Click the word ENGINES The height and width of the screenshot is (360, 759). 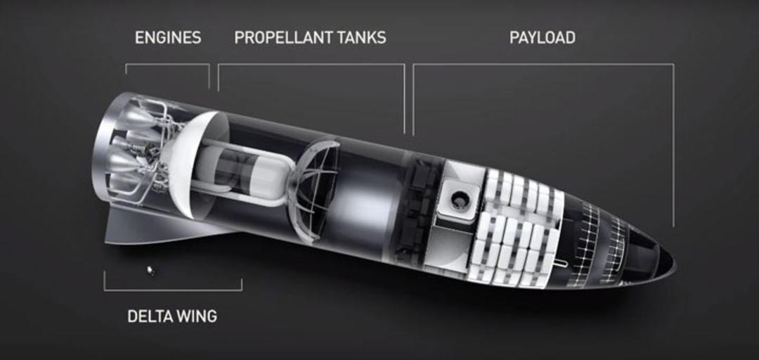(x=168, y=38)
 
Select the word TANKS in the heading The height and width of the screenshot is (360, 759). (x=365, y=38)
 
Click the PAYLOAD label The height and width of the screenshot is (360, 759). (x=542, y=38)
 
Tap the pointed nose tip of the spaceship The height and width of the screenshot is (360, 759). (x=674, y=264)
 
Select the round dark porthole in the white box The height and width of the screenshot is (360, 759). (x=458, y=199)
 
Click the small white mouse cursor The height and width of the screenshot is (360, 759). (x=151, y=270)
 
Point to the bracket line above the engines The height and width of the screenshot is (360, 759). (x=167, y=64)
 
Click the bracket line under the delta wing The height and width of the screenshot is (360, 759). (x=173, y=290)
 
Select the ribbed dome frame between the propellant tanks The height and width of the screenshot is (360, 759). (x=317, y=189)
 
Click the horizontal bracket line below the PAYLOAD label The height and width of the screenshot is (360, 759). (x=543, y=64)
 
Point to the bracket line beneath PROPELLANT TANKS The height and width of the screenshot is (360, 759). (x=311, y=64)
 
